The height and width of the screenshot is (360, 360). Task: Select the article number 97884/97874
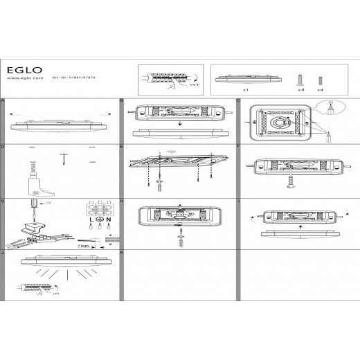[71, 78]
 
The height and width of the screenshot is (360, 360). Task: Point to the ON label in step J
[55, 294]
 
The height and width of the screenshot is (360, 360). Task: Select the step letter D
[3, 147]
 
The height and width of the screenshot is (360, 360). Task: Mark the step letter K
[122, 253]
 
